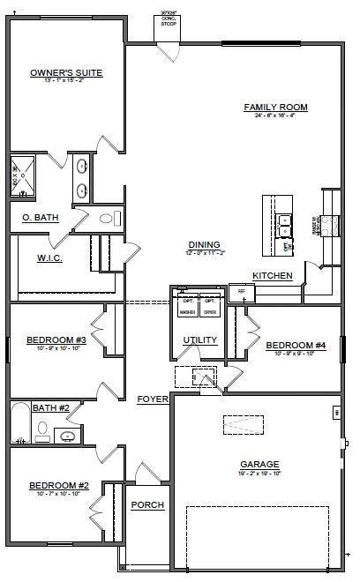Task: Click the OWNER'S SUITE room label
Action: (x=66, y=73)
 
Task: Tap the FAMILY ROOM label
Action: (x=275, y=108)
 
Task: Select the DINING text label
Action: (x=204, y=245)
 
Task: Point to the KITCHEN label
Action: (x=272, y=276)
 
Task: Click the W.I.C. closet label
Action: (x=49, y=258)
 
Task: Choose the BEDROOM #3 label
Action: (x=56, y=340)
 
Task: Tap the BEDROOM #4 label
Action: (x=296, y=346)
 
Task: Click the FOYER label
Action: (x=153, y=399)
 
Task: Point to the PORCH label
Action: (x=146, y=505)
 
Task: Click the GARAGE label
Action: (x=259, y=464)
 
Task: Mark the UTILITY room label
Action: (x=199, y=340)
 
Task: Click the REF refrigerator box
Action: (x=241, y=292)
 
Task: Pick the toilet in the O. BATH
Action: (x=108, y=218)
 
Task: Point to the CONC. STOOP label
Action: (x=168, y=21)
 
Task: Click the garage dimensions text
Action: (x=259, y=473)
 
